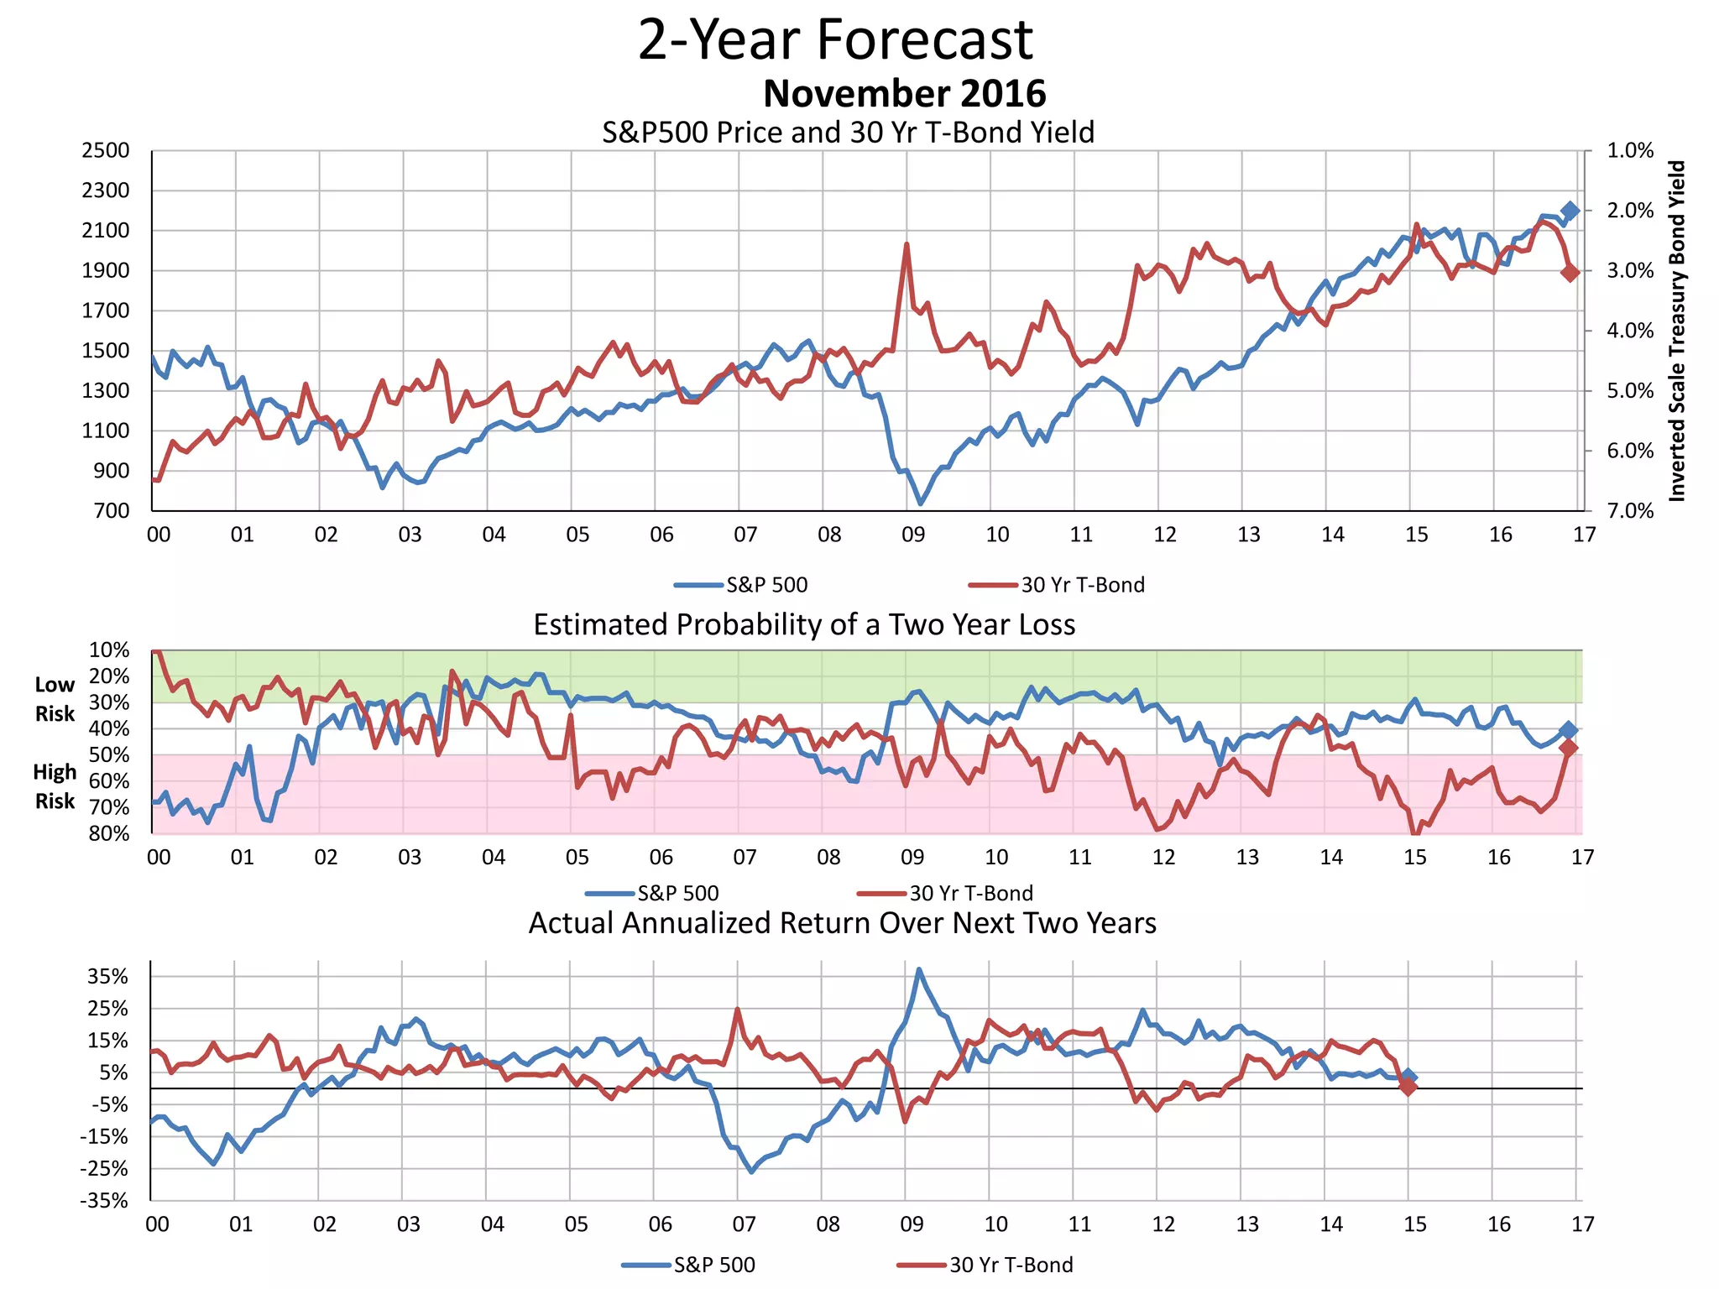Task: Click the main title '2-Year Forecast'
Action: [835, 39]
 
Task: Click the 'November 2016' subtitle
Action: [904, 93]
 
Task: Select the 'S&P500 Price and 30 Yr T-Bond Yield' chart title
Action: [848, 133]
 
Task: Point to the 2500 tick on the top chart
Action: [106, 151]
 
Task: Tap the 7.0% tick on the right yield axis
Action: [1629, 511]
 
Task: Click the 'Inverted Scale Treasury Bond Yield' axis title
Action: [1676, 331]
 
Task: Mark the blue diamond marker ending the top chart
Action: [1570, 211]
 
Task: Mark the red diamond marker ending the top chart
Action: [1570, 272]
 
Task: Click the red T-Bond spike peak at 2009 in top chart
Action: [907, 244]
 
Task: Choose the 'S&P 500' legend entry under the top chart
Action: [765, 585]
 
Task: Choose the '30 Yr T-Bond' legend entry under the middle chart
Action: [970, 893]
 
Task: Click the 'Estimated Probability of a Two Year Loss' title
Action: [804, 624]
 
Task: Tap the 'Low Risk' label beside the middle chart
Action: [55, 699]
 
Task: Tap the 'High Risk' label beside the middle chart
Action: [55, 786]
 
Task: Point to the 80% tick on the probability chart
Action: [109, 833]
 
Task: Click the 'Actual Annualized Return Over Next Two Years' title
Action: [842, 923]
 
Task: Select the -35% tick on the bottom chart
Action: [104, 1201]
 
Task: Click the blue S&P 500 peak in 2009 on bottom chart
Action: [919, 969]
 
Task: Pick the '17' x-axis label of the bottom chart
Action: [1582, 1224]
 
